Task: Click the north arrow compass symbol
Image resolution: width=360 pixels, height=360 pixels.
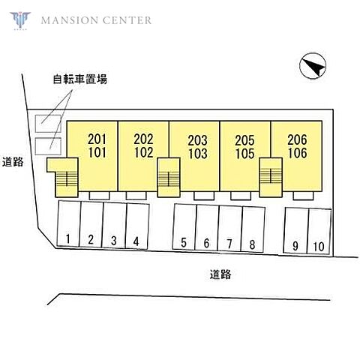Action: (x=313, y=66)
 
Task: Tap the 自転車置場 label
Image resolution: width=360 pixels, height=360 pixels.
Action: (x=80, y=79)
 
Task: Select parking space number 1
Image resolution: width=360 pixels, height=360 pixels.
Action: (x=69, y=223)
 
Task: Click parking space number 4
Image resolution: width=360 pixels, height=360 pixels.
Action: (x=137, y=226)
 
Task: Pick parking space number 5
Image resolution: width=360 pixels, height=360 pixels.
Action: (x=184, y=226)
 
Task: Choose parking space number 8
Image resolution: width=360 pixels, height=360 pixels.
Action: (x=253, y=229)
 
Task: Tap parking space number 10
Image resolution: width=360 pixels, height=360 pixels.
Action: (x=319, y=231)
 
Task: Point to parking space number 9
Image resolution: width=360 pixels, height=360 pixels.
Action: (x=296, y=230)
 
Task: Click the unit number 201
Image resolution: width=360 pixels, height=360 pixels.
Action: (x=97, y=139)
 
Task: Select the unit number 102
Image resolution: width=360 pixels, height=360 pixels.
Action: (x=144, y=152)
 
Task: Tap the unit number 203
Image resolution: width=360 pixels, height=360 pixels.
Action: (x=198, y=140)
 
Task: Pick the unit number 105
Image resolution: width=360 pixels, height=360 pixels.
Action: (x=244, y=154)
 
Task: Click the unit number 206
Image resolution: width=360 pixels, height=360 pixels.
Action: (x=297, y=139)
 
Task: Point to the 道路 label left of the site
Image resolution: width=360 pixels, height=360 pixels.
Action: (x=13, y=162)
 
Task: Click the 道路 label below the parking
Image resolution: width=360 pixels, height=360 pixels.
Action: (x=220, y=274)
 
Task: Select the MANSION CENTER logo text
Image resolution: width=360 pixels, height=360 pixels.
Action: (x=96, y=20)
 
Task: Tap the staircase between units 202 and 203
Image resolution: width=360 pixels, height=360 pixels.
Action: (x=169, y=177)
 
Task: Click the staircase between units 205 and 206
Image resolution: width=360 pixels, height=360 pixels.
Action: (x=271, y=177)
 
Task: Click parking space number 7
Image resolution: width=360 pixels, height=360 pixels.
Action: (x=230, y=229)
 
